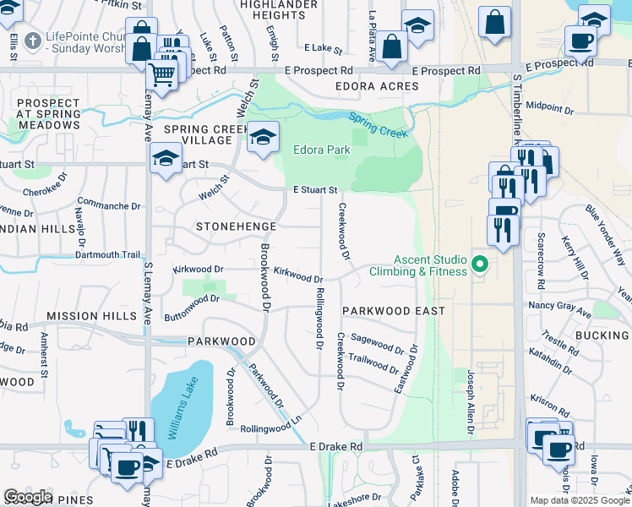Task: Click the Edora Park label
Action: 321,150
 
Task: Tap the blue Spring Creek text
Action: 378,127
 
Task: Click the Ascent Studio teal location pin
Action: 480,265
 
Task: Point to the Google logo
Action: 28,497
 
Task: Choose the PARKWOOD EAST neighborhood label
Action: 394,311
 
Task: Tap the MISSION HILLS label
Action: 91,316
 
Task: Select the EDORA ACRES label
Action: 376,87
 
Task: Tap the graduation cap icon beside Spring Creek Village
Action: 263,137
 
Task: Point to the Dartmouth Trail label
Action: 108,254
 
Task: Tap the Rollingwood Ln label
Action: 271,428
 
